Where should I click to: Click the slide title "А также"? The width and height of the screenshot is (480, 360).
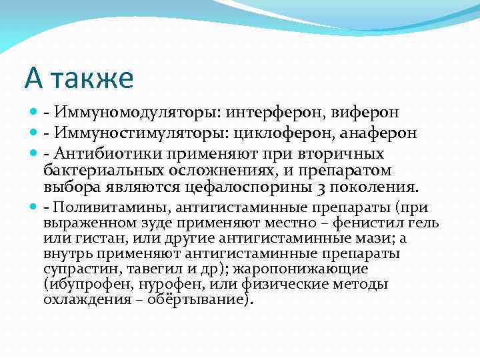coord(79,78)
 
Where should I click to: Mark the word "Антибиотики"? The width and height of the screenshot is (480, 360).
coord(100,154)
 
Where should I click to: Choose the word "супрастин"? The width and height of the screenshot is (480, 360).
coord(75,269)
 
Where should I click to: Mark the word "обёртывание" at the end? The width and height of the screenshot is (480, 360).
coord(200,299)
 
